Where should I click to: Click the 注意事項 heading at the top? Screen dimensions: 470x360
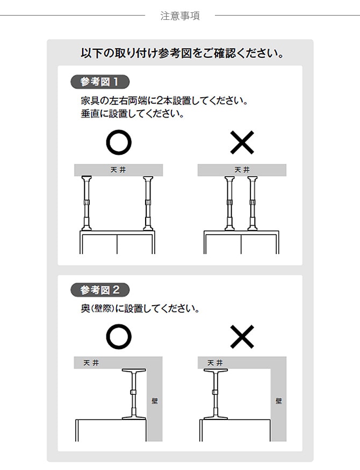click(180, 16)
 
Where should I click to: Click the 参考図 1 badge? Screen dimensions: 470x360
click(100, 82)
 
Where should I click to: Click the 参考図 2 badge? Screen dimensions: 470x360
click(100, 290)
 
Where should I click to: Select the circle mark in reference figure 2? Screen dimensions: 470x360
click(118, 337)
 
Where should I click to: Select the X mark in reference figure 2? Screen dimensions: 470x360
click(242, 337)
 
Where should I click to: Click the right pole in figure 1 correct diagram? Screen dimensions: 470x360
click(148, 204)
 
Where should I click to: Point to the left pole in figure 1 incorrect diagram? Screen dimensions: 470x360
click(229, 204)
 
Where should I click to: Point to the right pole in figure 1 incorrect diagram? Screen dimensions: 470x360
click(251, 204)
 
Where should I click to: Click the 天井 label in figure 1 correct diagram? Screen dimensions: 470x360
click(118, 170)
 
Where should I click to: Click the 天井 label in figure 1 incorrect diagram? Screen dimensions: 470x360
click(242, 170)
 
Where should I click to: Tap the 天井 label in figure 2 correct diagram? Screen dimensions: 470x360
click(91, 363)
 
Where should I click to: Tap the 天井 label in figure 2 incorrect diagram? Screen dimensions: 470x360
click(214, 363)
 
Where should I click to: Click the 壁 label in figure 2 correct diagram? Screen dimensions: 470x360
click(155, 401)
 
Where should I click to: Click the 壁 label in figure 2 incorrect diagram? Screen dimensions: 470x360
click(278, 401)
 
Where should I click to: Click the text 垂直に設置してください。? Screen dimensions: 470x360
click(132, 114)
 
